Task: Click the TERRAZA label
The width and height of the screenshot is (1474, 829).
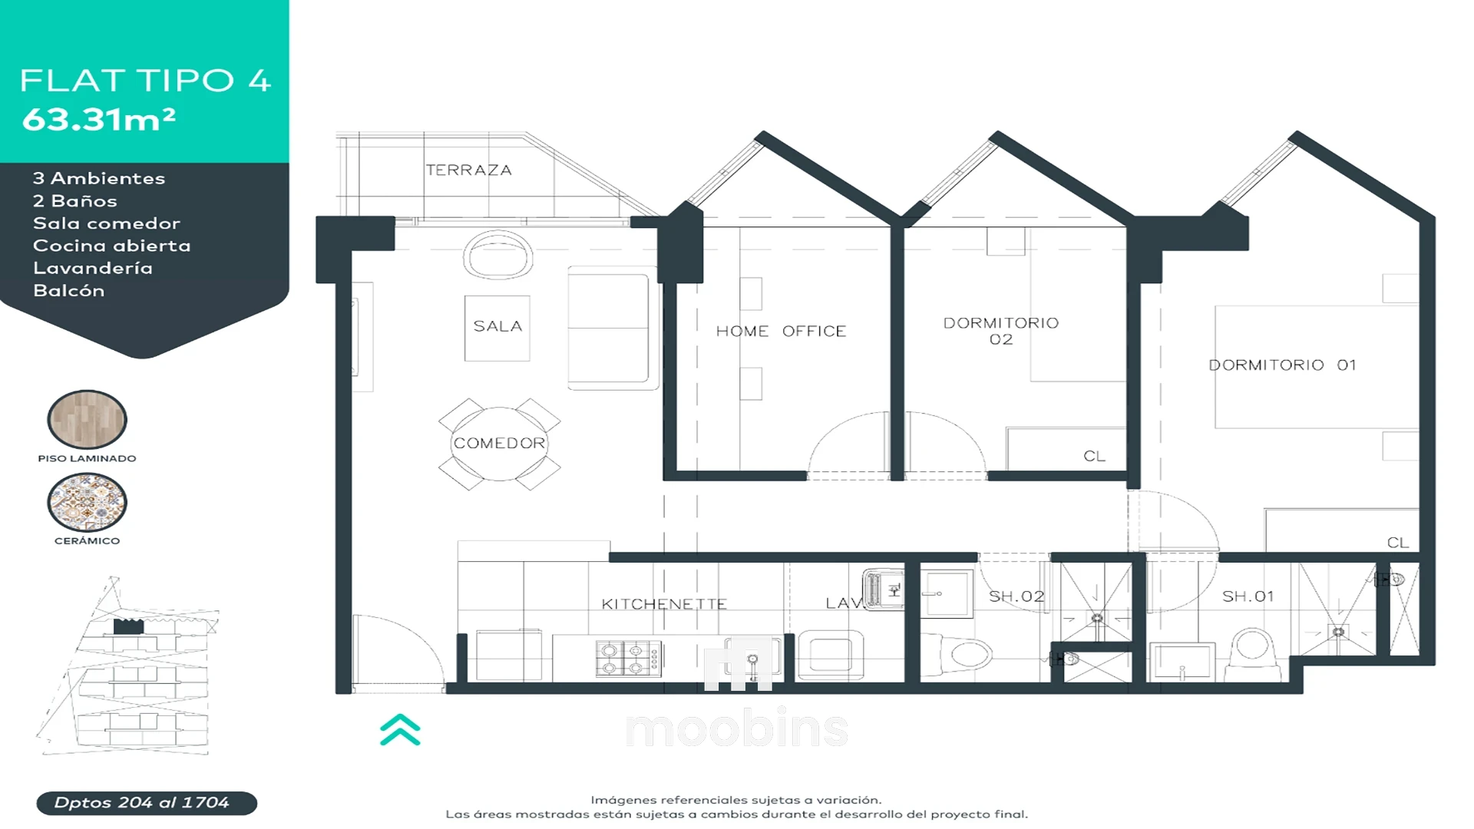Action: (x=468, y=170)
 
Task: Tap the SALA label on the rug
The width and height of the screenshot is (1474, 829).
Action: (x=497, y=326)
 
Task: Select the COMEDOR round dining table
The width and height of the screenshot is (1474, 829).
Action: (x=499, y=443)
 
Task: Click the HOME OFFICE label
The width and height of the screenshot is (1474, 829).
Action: (x=781, y=331)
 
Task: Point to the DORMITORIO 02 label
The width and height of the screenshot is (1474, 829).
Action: (x=1001, y=331)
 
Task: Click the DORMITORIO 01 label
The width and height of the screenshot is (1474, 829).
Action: (x=1282, y=365)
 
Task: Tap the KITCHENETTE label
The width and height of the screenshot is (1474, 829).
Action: (x=664, y=604)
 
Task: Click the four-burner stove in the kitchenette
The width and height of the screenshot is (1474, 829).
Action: (x=628, y=659)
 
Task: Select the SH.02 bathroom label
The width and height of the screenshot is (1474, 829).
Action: (x=1016, y=596)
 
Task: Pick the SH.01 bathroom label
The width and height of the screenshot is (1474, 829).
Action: (x=1248, y=596)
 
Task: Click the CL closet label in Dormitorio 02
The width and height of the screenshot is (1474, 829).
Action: (x=1094, y=456)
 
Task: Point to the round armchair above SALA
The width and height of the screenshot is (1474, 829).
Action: (x=498, y=256)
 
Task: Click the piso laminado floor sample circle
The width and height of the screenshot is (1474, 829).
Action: (x=87, y=419)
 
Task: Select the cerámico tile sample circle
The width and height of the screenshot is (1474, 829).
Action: (x=87, y=502)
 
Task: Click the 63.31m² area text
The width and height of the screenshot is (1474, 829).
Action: (x=99, y=119)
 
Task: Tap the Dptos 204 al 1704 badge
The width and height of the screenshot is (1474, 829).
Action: (x=147, y=803)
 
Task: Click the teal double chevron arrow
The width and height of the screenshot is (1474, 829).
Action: (x=400, y=729)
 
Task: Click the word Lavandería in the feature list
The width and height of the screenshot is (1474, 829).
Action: (x=93, y=268)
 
